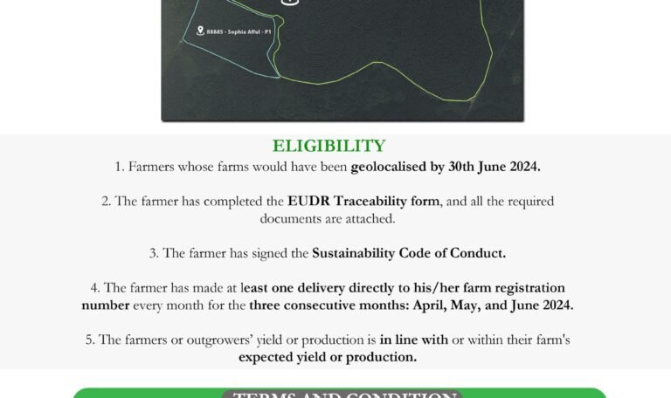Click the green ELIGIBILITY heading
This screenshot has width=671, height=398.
point(329,146)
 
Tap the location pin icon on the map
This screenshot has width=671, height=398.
point(201,31)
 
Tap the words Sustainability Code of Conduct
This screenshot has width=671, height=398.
point(409,253)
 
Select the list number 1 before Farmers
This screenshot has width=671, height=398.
point(119,166)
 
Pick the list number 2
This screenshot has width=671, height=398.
point(106,201)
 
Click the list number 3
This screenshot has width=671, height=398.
point(153,253)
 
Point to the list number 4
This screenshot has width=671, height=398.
point(94,287)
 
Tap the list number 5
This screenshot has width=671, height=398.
point(90,340)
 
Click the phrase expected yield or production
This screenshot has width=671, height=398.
point(328,357)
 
